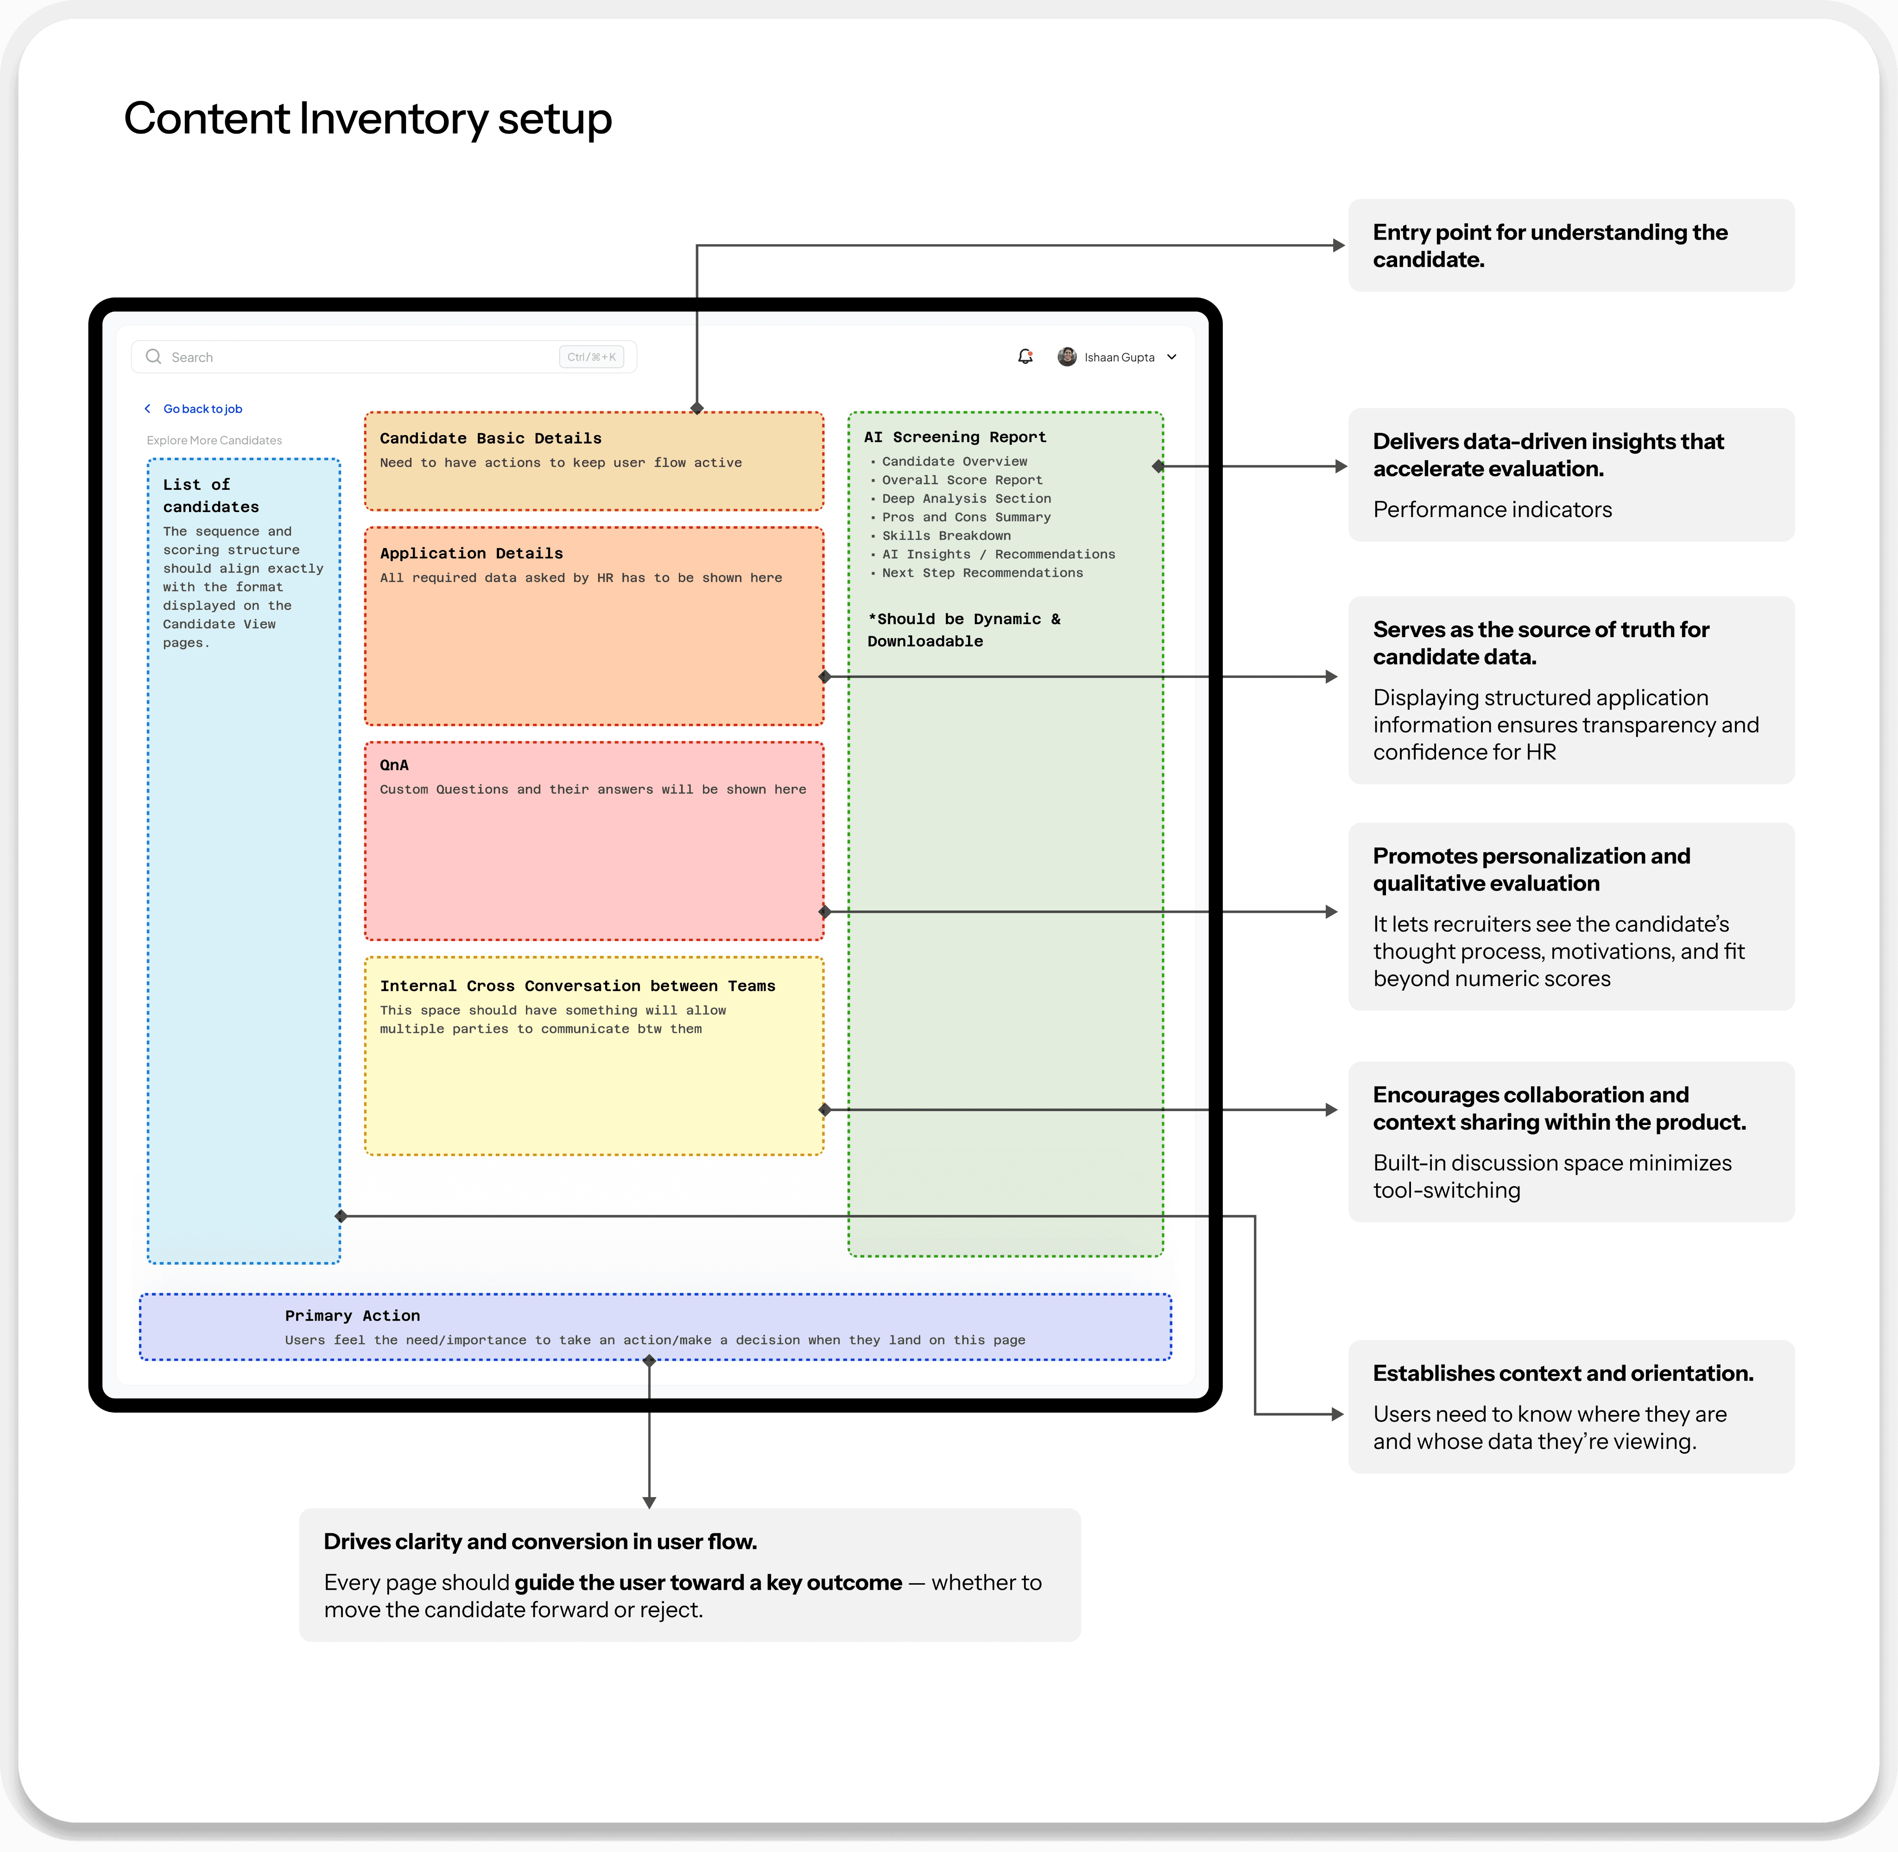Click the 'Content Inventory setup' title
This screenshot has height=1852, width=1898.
tap(368, 119)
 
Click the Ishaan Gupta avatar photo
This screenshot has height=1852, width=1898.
tap(1067, 357)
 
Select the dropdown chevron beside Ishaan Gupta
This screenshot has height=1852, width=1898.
tap(1172, 357)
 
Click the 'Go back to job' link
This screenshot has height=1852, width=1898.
tap(202, 409)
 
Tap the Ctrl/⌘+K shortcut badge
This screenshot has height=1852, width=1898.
tap(591, 357)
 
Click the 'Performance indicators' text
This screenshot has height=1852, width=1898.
tap(1493, 510)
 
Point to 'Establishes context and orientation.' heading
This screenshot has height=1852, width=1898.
tap(1563, 1373)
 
